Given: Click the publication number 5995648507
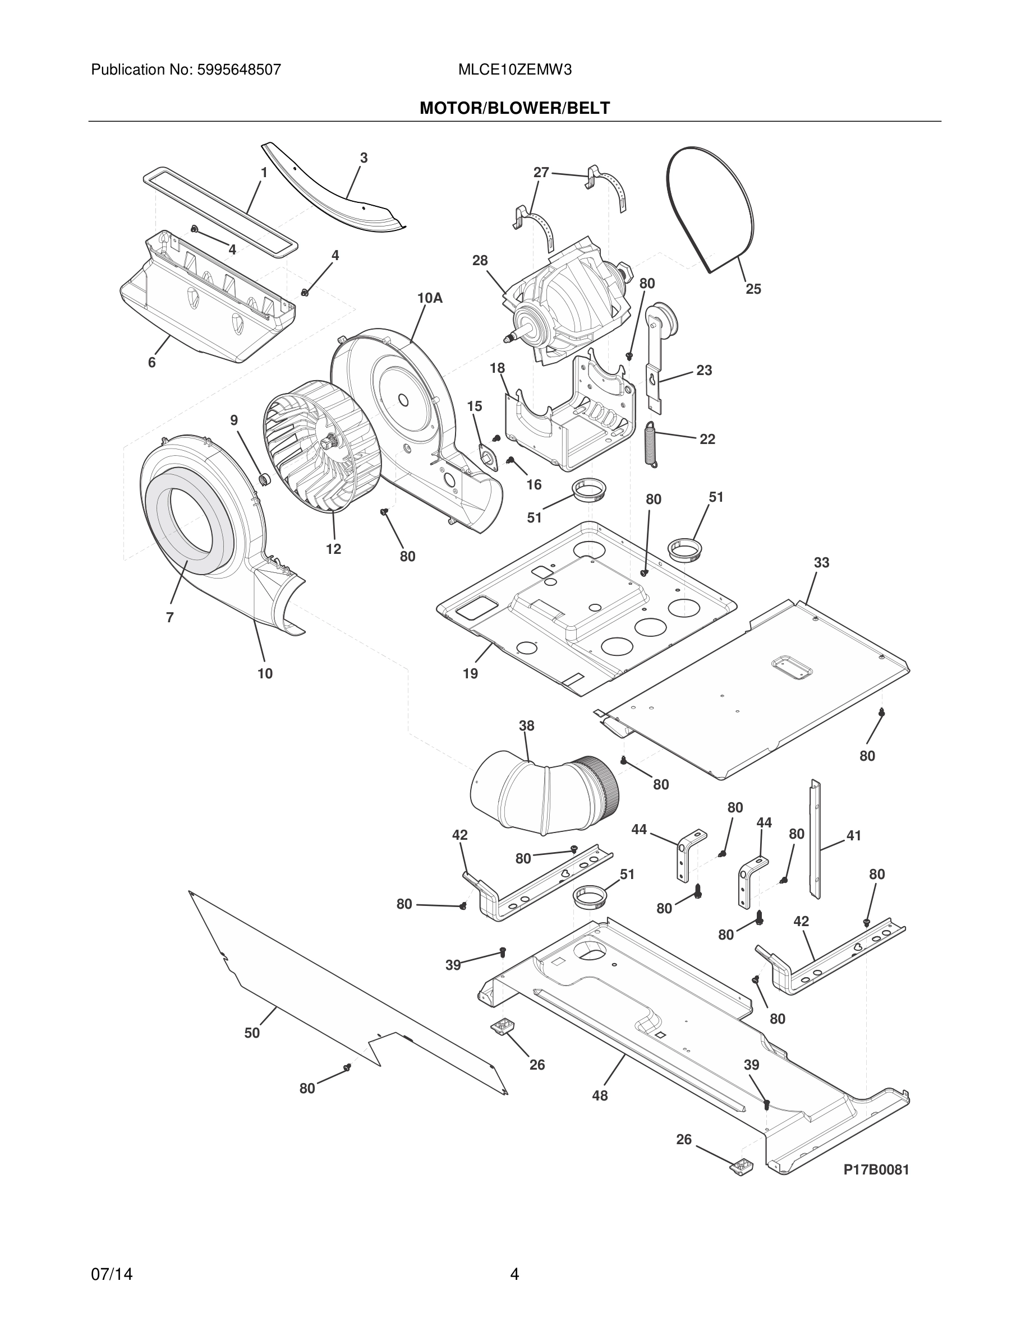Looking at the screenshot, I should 238,70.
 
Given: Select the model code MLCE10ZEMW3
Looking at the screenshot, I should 514,70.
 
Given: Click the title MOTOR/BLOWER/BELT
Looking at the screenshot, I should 514,109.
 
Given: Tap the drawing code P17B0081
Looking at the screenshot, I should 876,1170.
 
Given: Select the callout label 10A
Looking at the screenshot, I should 430,298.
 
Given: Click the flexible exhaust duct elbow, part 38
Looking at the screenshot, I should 543,793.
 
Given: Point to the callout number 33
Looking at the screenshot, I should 821,562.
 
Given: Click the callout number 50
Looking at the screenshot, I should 252,1033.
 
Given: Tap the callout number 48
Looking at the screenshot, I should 600,1095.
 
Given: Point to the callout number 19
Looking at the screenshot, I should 471,673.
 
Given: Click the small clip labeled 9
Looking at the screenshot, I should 264,479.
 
